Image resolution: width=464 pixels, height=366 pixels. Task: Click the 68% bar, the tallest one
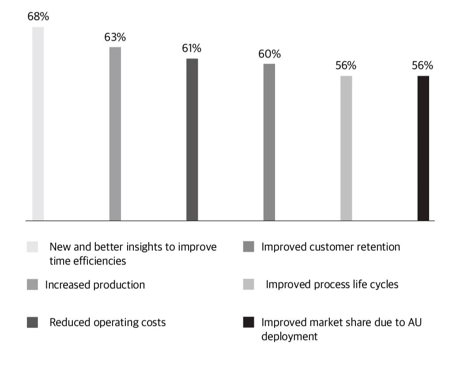(x=38, y=124)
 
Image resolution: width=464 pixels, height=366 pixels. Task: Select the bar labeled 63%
(x=115, y=133)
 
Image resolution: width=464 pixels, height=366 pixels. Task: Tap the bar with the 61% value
(x=192, y=139)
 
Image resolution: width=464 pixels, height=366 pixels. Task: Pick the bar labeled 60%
(x=269, y=142)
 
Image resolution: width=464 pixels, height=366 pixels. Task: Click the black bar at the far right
(x=423, y=148)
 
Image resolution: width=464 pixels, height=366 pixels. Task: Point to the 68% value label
(x=38, y=17)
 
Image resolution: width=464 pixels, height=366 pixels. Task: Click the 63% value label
(x=115, y=38)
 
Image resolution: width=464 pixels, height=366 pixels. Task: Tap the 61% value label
(x=192, y=49)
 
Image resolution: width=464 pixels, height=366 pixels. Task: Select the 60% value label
(x=269, y=54)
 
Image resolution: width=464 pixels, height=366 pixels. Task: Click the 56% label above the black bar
(x=423, y=66)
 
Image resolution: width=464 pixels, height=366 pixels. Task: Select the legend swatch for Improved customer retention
(x=249, y=247)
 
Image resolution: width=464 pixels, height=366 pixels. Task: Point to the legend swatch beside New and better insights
(x=32, y=247)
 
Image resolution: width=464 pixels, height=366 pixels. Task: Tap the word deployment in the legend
(x=289, y=336)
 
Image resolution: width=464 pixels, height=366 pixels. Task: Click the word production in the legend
(x=120, y=285)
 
